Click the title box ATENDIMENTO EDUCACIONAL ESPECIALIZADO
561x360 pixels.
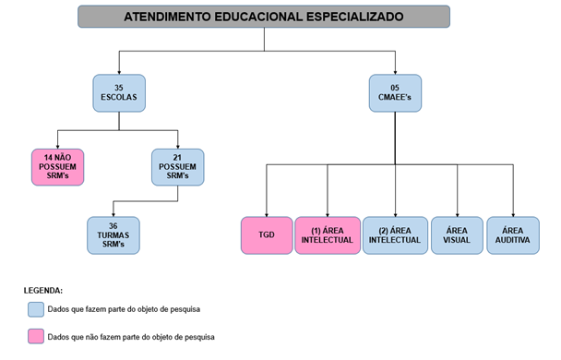pyautogui.click(x=263, y=17)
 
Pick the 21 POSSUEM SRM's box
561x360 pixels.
pyautogui.click(x=177, y=167)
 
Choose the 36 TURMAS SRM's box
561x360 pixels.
pyautogui.click(x=113, y=235)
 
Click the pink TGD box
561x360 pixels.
pyautogui.click(x=266, y=235)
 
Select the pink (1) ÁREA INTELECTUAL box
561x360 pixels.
pyautogui.click(x=327, y=235)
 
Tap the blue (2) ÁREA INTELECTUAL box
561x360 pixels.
pyautogui.click(x=394, y=235)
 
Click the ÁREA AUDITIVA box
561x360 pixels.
pyautogui.click(x=513, y=235)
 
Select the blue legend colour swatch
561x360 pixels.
pyautogui.click(x=36, y=308)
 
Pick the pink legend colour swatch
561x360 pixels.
pyautogui.click(x=36, y=336)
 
